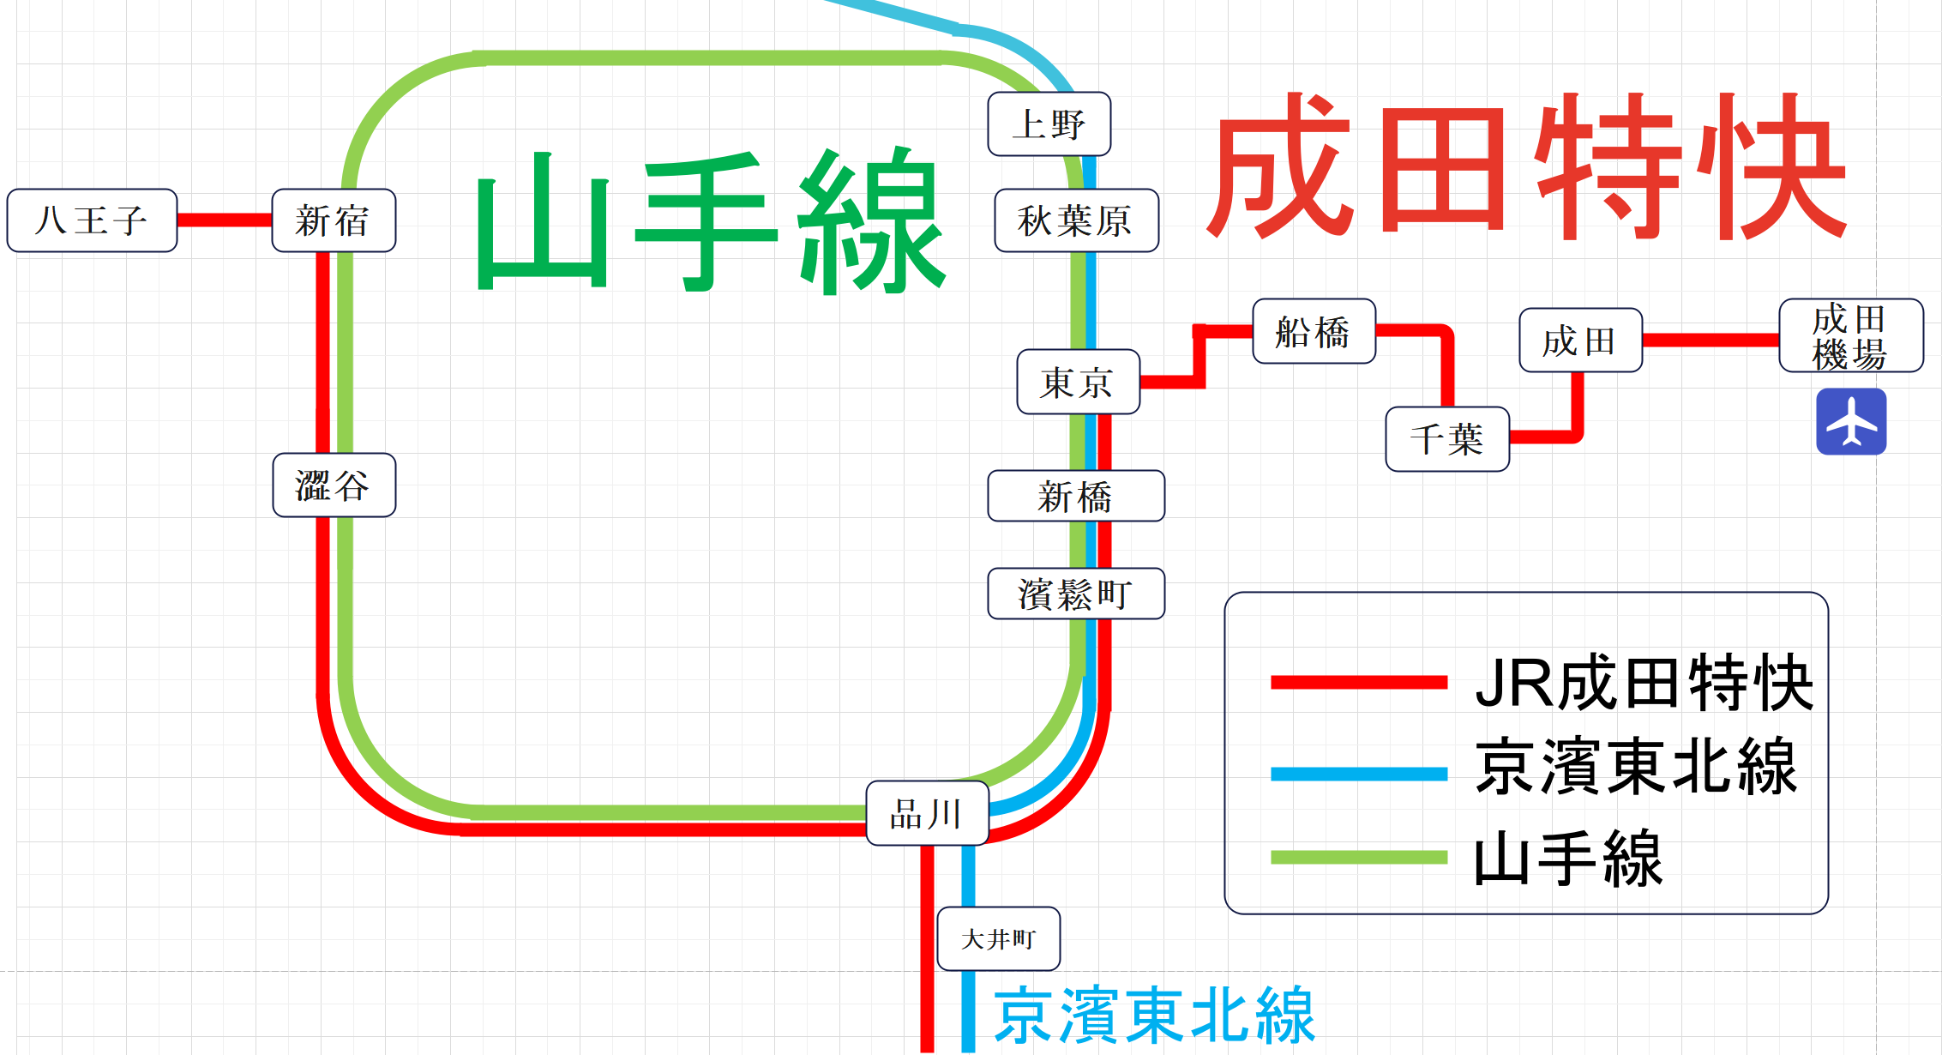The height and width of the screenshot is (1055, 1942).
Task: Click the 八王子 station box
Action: (x=92, y=220)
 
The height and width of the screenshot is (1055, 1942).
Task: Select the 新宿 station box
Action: (x=334, y=220)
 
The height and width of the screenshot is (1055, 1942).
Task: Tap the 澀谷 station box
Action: (x=334, y=485)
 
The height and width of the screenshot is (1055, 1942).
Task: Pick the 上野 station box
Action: (x=1049, y=124)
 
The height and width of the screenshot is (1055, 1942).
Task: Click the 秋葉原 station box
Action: (x=1076, y=220)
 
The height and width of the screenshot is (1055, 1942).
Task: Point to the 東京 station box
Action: (x=1078, y=382)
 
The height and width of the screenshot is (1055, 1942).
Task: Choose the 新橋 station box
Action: (x=1076, y=496)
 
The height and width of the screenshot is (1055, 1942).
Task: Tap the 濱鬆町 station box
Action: (x=1076, y=594)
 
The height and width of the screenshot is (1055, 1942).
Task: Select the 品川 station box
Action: (x=927, y=813)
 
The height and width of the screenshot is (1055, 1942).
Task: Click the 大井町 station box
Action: (x=998, y=938)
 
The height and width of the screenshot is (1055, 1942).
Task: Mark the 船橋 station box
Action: (x=1314, y=331)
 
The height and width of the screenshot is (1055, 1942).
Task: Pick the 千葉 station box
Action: (x=1447, y=439)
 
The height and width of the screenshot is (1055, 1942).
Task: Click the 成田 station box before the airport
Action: (x=1580, y=341)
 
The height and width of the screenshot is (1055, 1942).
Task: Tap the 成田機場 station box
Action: (x=1850, y=335)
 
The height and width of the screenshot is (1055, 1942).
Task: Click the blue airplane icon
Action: (x=1850, y=421)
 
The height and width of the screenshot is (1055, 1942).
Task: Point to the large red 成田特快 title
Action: (x=1526, y=167)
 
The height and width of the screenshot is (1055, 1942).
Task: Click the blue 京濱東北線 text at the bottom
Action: (x=1153, y=1016)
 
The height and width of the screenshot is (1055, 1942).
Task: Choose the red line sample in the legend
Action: (x=1358, y=683)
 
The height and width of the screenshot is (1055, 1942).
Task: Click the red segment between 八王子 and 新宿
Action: (x=225, y=220)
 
